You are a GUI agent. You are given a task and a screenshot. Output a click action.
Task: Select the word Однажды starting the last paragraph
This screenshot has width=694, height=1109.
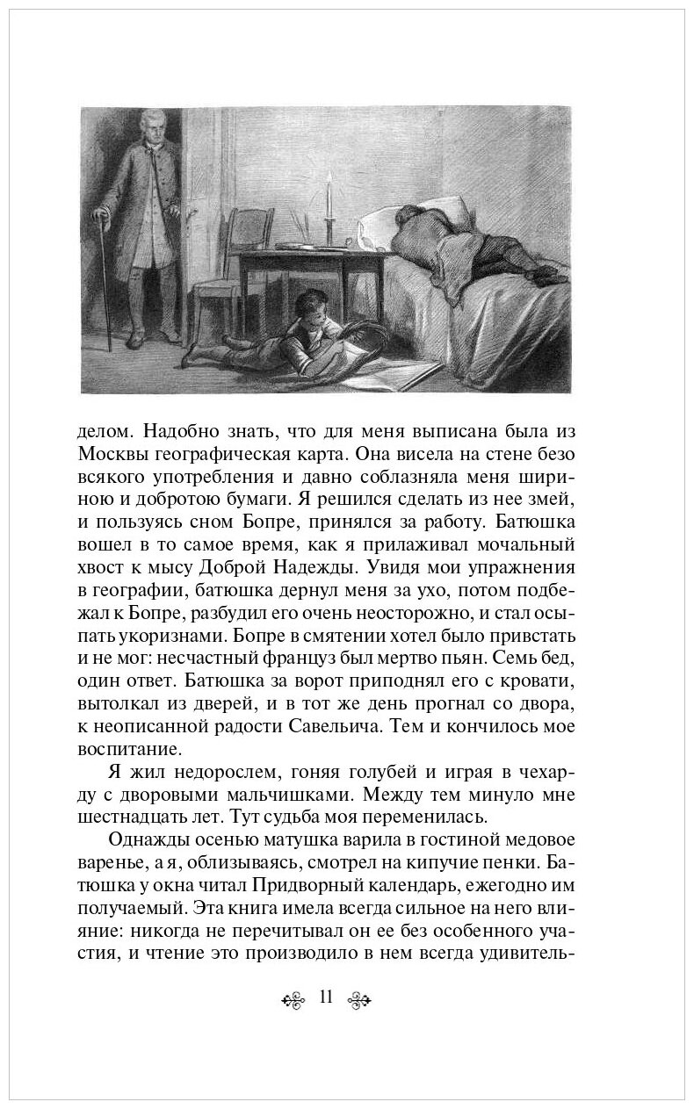145,840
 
